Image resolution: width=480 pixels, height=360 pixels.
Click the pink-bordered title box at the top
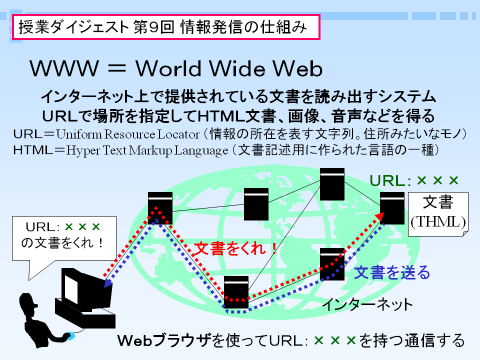click(x=166, y=27)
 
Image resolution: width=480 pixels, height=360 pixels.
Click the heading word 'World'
click(x=168, y=69)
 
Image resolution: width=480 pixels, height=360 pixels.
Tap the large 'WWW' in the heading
click(x=64, y=68)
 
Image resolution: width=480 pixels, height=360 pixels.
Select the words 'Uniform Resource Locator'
click(x=128, y=134)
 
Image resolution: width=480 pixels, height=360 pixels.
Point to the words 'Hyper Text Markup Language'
click(x=147, y=150)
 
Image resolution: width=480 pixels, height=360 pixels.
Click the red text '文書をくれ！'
click(x=235, y=249)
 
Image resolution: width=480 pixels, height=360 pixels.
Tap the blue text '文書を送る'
click(x=392, y=272)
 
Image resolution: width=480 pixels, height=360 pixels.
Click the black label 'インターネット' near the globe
click(x=368, y=304)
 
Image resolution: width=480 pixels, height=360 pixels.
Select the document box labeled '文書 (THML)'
click(x=438, y=214)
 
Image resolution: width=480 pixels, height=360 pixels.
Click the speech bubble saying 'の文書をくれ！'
click(x=64, y=238)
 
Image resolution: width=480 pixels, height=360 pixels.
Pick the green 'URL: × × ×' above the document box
click(x=414, y=181)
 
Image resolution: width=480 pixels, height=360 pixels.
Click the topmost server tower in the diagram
click(x=332, y=184)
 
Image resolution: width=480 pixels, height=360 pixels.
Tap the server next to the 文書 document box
click(x=392, y=208)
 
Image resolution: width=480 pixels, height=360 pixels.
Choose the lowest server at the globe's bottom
click(x=236, y=292)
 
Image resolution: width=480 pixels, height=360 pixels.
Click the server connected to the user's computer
click(x=160, y=208)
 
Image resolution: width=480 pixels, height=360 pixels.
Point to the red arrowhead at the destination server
click(x=379, y=216)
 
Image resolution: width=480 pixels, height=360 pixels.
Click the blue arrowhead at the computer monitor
click(x=108, y=283)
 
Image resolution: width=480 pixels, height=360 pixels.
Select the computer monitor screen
click(x=71, y=289)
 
